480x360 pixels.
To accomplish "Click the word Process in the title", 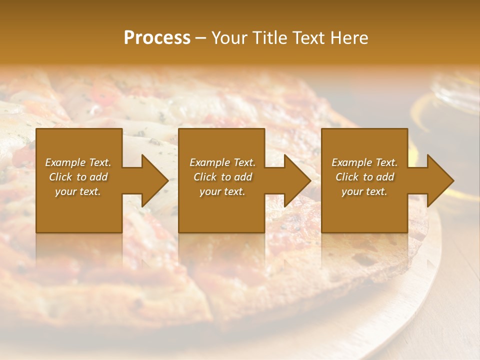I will point(157,38).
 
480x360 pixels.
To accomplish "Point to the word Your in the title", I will point(228,38).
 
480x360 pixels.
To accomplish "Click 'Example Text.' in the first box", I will point(78,162).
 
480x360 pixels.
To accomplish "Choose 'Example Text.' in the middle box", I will point(222,162).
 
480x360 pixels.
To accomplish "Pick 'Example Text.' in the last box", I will point(364,162).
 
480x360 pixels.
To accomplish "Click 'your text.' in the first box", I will point(78,191).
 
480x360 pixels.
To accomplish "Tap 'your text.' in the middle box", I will point(222,191).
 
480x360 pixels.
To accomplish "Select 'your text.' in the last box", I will point(364,191).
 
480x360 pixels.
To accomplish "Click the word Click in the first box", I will point(60,177).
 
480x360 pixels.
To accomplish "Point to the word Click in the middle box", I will point(205,177).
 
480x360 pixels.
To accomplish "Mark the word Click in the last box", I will point(347,177).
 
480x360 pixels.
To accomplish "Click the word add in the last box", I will point(385,177).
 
